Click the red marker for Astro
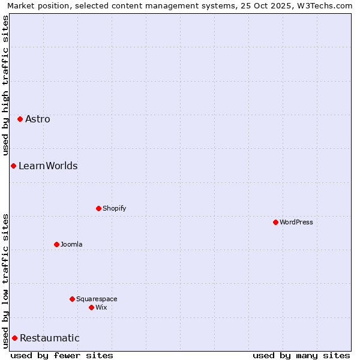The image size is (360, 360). coord(20,119)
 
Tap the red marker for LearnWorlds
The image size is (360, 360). coord(13,166)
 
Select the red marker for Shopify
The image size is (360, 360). coord(98,208)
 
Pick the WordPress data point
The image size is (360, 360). coord(275,222)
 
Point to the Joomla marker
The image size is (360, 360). coord(56,244)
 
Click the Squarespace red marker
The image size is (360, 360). coord(72,299)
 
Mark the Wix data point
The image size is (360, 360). coord(91,307)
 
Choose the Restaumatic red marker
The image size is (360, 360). coord(14,338)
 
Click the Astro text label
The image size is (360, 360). coord(38,119)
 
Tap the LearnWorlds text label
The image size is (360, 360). coord(48,166)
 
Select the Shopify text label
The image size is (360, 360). coord(114,208)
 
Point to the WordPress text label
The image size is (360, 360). coord(296,222)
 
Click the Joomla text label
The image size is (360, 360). coord(71,244)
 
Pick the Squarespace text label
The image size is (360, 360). coord(97,299)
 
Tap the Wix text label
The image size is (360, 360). coord(101,307)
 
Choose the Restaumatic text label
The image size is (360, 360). coord(50,338)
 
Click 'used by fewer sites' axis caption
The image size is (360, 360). coord(62,355)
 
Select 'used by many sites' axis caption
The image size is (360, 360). coord(301,355)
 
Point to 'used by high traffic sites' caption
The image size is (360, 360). coord(5,85)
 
